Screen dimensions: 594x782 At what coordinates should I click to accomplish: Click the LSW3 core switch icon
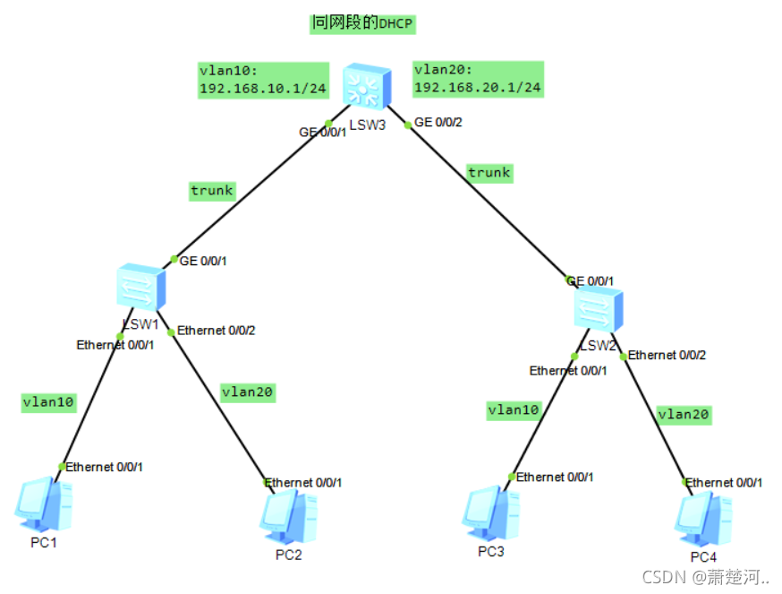367,88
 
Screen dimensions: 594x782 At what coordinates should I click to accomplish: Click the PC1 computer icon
43,504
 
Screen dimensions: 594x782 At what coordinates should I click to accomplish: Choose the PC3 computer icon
490,512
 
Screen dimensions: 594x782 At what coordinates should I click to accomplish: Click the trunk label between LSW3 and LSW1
212,190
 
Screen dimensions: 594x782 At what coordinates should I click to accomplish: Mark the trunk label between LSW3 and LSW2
489,173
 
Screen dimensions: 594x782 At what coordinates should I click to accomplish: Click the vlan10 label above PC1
48,403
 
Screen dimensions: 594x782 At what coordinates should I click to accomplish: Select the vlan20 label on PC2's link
248,392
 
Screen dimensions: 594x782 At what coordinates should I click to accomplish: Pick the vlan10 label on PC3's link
514,410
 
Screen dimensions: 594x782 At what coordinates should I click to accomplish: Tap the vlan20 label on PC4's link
684,414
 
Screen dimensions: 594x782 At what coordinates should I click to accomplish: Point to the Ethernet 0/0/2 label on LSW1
217,331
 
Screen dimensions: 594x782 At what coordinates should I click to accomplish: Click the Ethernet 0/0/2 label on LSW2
667,355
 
